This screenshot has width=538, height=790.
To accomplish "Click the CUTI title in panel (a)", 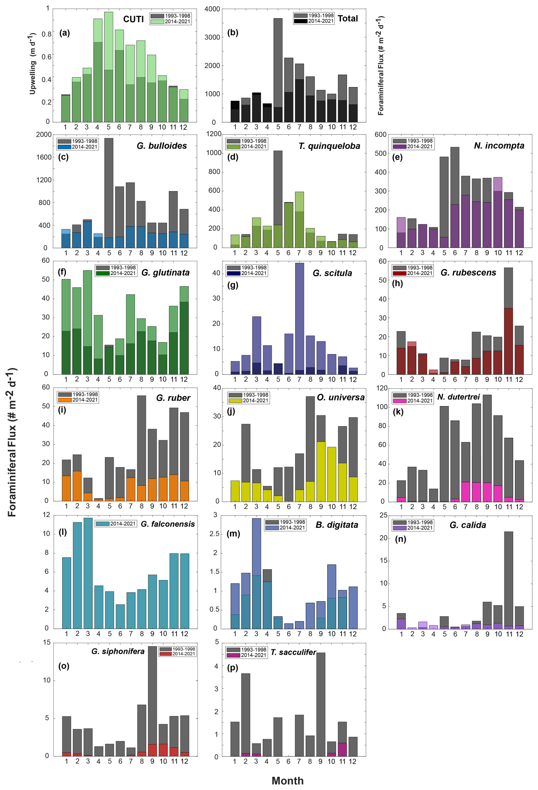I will tap(133, 19).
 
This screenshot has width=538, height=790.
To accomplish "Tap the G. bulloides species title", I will tap(162, 146).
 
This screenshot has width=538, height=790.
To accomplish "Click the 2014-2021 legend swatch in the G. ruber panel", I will tap(65, 400).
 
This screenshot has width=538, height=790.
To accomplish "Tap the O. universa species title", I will tap(341, 397).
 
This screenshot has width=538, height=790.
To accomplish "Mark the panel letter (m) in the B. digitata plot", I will tap(233, 534).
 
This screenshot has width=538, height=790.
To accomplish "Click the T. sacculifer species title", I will tap(293, 652).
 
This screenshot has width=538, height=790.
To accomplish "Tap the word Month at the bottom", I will tap(287, 781).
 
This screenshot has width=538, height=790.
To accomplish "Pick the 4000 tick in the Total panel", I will tap(212, 9).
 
